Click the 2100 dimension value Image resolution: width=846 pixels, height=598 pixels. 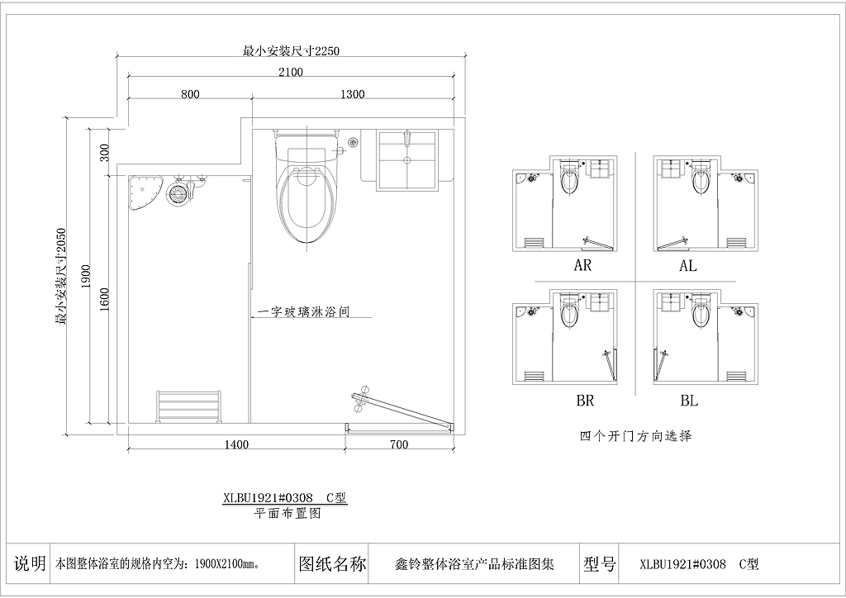(291, 72)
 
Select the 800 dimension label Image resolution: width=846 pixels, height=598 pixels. (190, 94)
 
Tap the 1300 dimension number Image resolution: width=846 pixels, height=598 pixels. (352, 94)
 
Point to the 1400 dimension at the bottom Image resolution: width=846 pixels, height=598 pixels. (236, 445)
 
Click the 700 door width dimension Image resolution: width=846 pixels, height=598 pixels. (398, 445)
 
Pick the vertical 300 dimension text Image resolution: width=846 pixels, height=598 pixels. (105, 152)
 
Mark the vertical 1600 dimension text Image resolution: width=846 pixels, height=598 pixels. (105, 300)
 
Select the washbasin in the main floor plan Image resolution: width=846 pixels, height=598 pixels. (407, 160)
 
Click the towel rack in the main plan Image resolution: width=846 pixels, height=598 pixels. (188, 406)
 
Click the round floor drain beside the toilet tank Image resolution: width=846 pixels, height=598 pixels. (353, 142)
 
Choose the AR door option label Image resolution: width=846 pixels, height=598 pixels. (582, 266)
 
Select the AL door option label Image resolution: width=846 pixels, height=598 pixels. (688, 266)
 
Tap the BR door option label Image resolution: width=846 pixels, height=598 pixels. (585, 401)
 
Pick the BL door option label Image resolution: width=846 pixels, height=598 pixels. (690, 401)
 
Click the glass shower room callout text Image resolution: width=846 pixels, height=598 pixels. (304, 311)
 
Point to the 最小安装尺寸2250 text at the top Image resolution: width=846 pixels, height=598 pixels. (292, 51)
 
